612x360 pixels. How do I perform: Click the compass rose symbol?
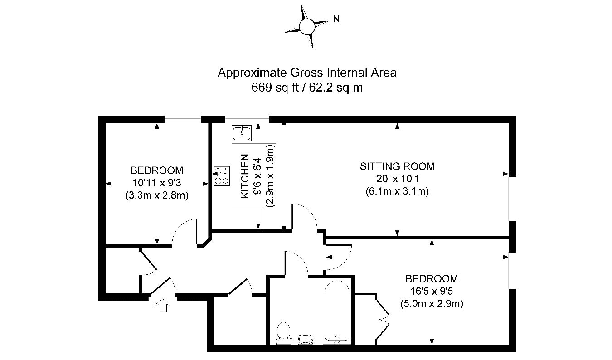pyautogui.click(x=306, y=26)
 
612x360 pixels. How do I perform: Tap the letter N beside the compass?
pyautogui.click(x=336, y=19)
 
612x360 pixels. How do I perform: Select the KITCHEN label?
pyautogui.click(x=244, y=176)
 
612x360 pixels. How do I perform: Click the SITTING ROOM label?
pyautogui.click(x=397, y=166)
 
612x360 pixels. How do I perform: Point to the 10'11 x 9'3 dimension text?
pyautogui.click(x=157, y=183)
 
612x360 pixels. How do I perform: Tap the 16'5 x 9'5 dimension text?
pyautogui.click(x=431, y=291)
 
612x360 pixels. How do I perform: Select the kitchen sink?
pyautogui.click(x=243, y=132)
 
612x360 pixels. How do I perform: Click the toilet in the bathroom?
pyautogui.click(x=283, y=331)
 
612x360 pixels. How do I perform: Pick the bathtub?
pyautogui.click(x=337, y=311)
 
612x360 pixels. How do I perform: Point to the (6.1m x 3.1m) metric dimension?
pyautogui.click(x=397, y=191)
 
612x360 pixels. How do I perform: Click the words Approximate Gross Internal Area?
pyautogui.click(x=307, y=73)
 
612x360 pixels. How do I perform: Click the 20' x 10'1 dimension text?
pyautogui.click(x=397, y=179)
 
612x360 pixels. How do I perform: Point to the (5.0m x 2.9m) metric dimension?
pyautogui.click(x=431, y=303)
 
